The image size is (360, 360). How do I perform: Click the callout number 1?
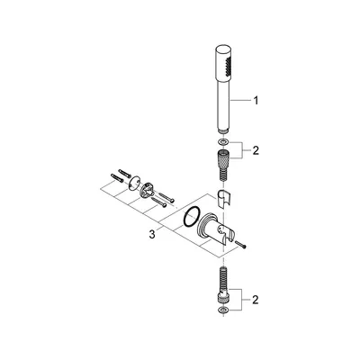click(256, 101)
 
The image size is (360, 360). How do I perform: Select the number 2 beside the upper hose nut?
click(256, 150)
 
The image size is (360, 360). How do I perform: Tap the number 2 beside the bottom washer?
click(255, 300)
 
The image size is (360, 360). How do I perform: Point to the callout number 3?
click(152, 234)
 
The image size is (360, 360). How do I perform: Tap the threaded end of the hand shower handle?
click(223, 131)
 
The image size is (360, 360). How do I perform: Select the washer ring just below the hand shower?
click(223, 141)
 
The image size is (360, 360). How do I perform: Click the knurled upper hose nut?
click(223, 157)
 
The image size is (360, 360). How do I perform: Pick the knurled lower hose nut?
click(223, 297)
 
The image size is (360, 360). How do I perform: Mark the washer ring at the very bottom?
click(223, 310)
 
